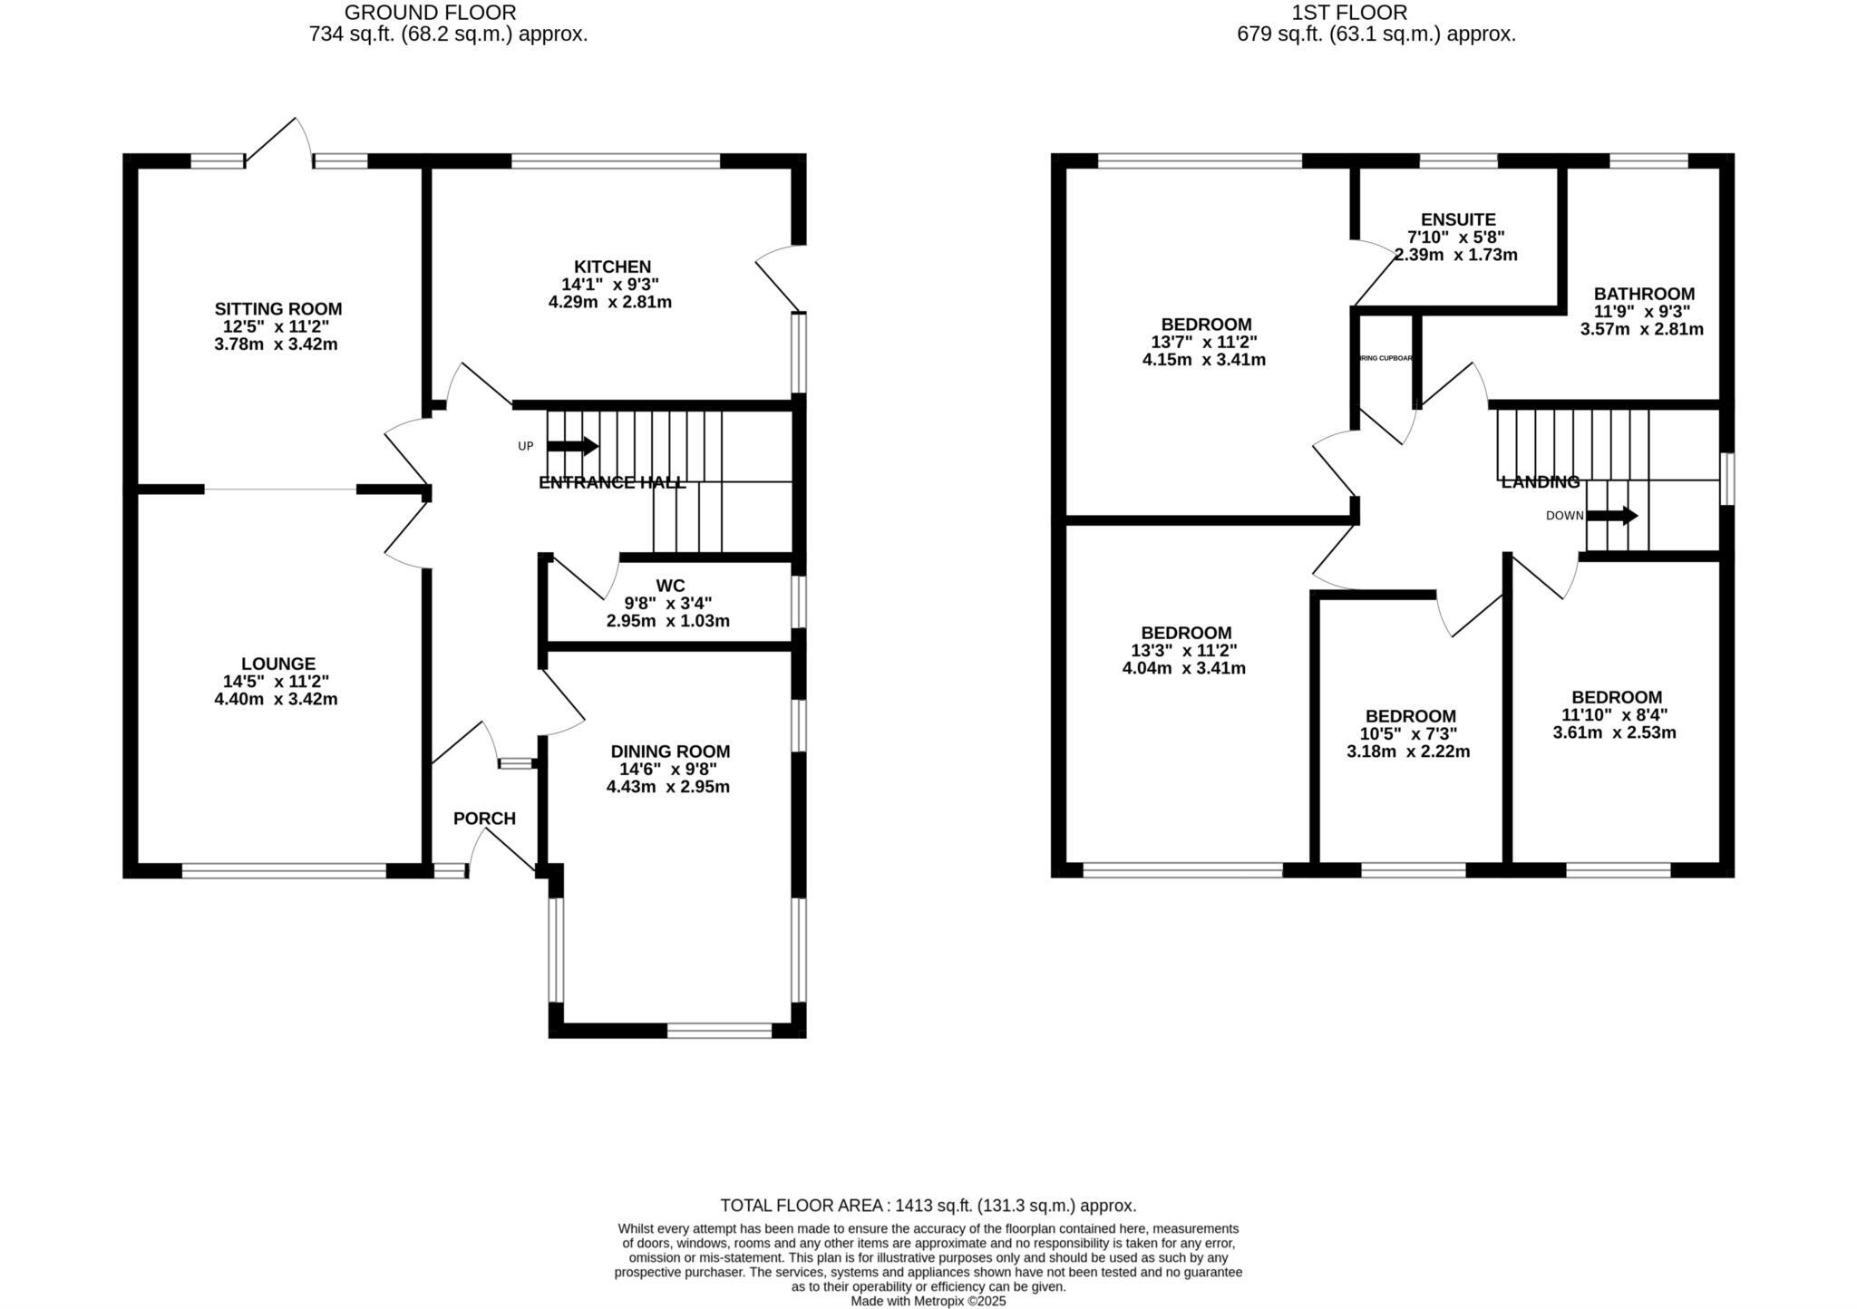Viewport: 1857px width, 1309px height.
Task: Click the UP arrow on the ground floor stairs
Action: point(572,446)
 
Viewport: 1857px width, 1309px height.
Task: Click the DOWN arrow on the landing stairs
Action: point(1612,516)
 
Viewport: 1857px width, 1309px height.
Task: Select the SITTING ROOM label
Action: point(278,309)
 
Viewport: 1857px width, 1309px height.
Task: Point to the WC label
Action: point(670,586)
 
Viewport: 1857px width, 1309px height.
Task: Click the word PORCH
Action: point(484,819)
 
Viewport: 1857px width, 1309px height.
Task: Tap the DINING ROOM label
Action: point(670,751)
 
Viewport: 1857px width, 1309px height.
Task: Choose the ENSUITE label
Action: point(1457,219)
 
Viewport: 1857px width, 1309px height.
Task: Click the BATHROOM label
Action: point(1643,294)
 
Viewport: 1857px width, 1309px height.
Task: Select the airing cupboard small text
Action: point(1385,358)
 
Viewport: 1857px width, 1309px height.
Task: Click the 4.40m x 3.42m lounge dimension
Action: point(276,699)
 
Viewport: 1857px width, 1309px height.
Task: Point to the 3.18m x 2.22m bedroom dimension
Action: point(1408,751)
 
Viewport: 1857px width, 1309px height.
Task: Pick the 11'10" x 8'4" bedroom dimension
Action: point(1614,714)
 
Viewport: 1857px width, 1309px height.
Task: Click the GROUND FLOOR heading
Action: point(430,13)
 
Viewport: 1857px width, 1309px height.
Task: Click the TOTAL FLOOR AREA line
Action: point(928,1206)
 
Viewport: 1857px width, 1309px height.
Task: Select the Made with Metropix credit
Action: point(928,1301)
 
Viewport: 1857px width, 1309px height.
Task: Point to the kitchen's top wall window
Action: point(616,161)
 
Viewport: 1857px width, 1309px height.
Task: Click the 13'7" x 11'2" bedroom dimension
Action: point(1203,342)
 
